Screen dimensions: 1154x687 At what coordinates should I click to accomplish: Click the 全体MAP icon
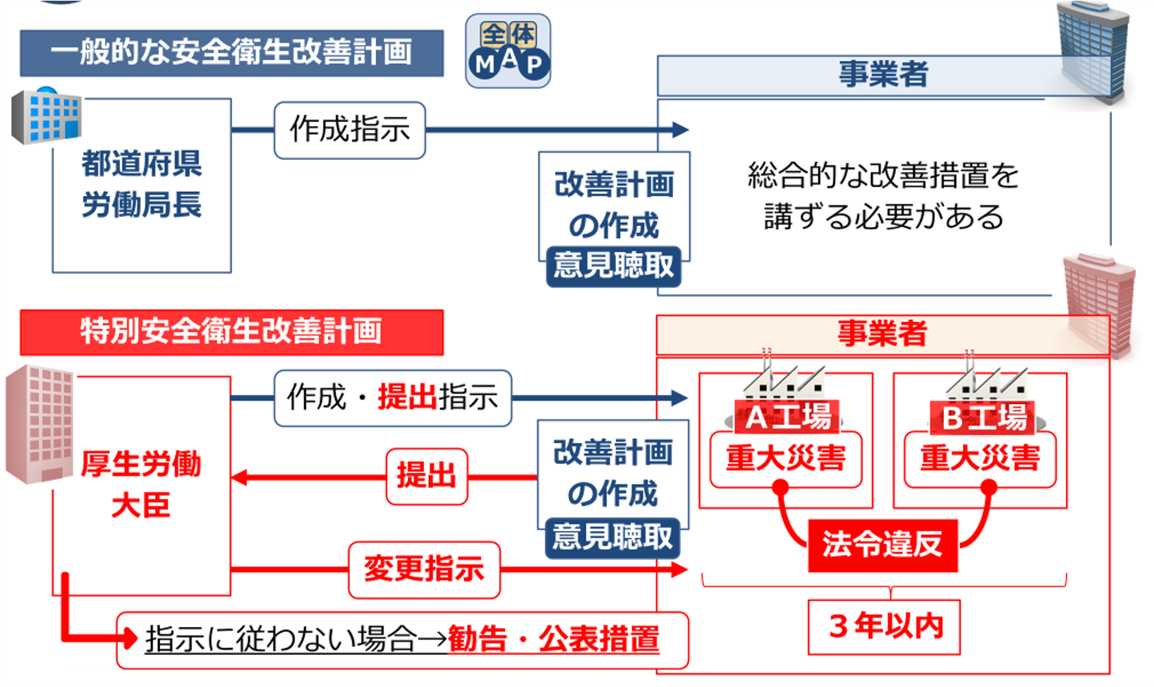click(508, 50)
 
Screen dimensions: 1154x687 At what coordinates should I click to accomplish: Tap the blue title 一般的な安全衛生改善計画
click(232, 53)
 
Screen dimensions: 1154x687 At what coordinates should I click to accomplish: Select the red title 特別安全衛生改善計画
click(232, 333)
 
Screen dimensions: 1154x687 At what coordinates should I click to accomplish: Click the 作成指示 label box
click(350, 130)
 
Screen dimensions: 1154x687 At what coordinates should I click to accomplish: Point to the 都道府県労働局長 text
click(142, 184)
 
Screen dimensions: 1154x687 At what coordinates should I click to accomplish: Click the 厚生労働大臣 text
click(140, 484)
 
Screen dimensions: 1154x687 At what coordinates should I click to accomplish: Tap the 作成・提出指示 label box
click(392, 398)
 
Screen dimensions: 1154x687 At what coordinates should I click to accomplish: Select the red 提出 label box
click(427, 476)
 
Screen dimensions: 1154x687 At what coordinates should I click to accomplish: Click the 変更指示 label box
click(424, 569)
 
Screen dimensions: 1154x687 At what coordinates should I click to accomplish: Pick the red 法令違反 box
click(882, 545)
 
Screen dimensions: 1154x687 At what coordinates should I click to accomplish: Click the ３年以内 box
click(884, 627)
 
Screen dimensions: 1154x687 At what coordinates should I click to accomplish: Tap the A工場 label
click(787, 417)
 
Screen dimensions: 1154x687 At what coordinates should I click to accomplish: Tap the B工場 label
click(983, 417)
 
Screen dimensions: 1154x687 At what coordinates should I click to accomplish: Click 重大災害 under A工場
click(786, 459)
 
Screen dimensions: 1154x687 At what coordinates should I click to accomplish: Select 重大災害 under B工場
click(980, 459)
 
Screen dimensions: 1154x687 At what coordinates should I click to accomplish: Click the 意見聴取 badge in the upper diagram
click(614, 266)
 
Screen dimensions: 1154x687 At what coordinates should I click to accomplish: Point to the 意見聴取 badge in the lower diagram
click(612, 538)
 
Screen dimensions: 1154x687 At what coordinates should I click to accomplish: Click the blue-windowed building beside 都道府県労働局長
click(47, 116)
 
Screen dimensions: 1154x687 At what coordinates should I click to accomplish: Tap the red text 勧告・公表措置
click(554, 639)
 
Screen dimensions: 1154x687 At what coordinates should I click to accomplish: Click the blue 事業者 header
click(884, 75)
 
